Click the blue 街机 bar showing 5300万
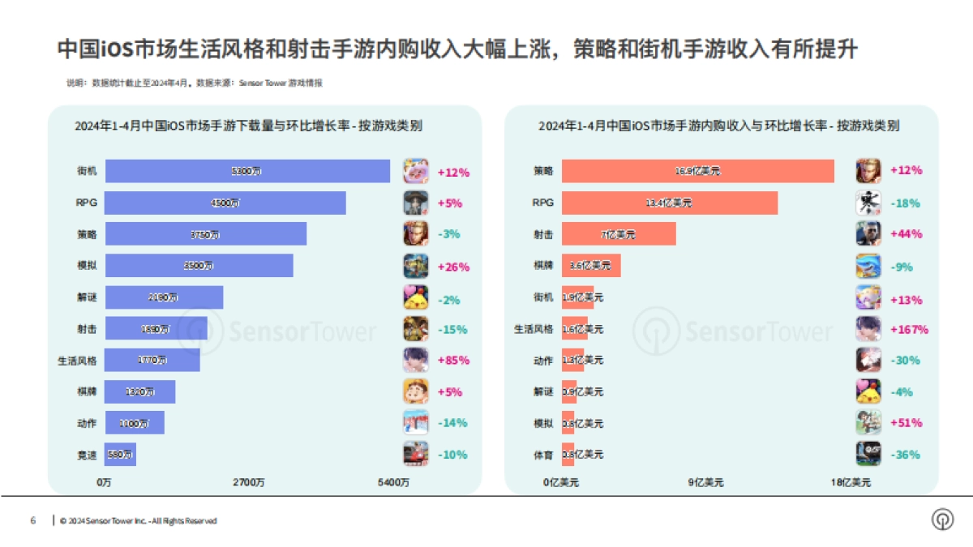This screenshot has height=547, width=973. (247, 172)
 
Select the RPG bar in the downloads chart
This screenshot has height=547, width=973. (225, 203)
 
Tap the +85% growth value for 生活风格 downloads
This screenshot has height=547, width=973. (453, 360)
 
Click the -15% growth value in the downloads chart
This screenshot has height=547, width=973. (453, 329)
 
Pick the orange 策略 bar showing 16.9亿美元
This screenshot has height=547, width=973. (697, 172)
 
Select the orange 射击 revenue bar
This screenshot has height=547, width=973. (619, 234)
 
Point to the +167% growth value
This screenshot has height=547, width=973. (908, 329)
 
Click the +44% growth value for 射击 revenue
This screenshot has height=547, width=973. (906, 234)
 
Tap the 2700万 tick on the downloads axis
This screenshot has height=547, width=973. (248, 483)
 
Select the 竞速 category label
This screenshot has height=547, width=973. (87, 454)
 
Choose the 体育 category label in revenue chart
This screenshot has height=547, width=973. (543, 455)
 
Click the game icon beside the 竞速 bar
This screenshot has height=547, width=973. (416, 454)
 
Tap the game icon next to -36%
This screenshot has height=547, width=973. (868, 454)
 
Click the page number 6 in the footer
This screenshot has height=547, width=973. (32, 520)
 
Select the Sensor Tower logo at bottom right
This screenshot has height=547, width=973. (942, 519)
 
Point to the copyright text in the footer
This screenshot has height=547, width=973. (139, 521)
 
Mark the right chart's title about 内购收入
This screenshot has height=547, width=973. (719, 126)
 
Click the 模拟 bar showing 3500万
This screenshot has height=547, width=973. (199, 266)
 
